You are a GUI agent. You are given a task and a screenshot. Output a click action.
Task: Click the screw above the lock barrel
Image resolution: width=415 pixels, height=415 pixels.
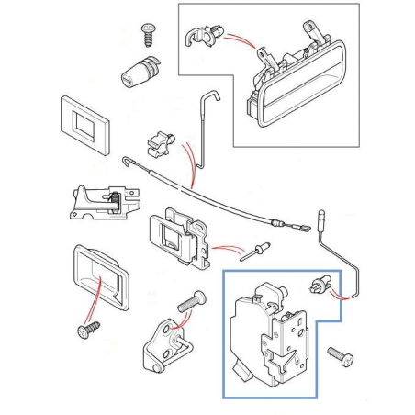146,33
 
